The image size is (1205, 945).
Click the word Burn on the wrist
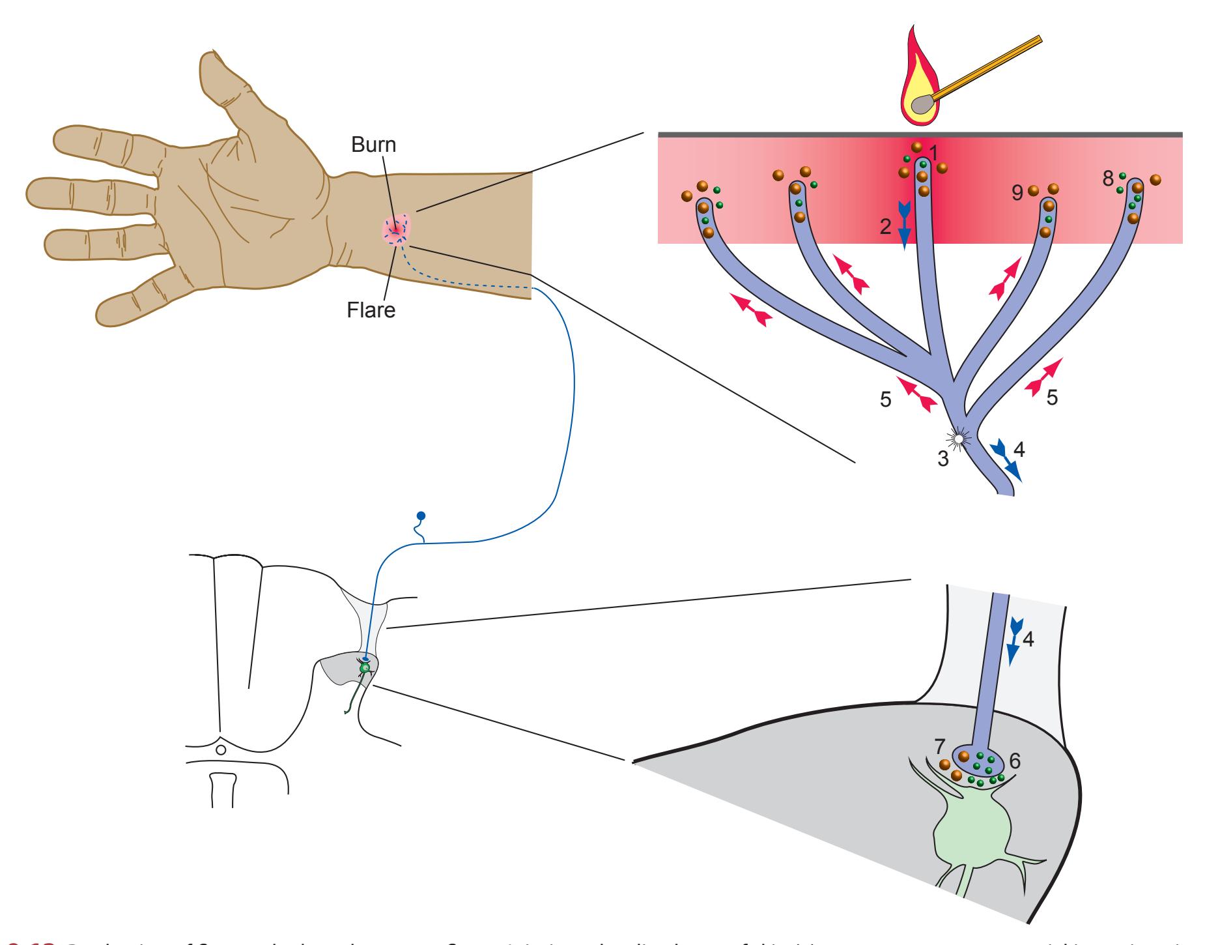tap(373, 144)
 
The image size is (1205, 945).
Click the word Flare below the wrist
tap(371, 310)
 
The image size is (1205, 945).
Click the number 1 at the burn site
tap(933, 153)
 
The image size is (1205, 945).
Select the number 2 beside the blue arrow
tap(885, 227)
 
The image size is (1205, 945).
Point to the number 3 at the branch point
tap(943, 458)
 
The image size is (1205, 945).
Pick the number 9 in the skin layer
tap(1017, 194)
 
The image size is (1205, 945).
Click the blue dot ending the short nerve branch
tap(421, 516)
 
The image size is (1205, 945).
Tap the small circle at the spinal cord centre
tap(221, 750)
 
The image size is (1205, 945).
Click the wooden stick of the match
tap(990, 65)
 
